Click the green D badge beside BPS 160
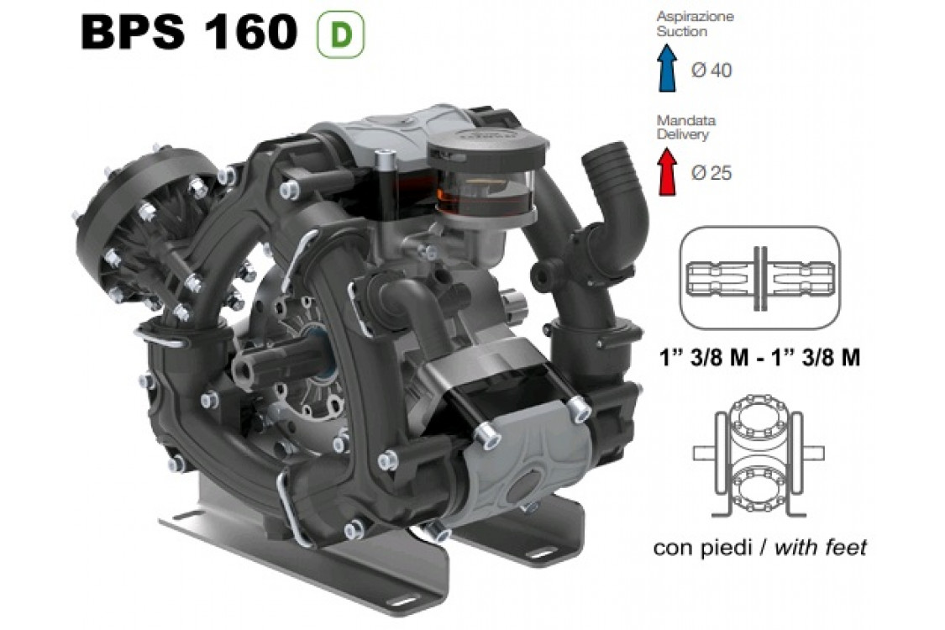pyautogui.click(x=339, y=34)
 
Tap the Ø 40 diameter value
pyautogui.click(x=711, y=71)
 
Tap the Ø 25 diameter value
pyautogui.click(x=711, y=174)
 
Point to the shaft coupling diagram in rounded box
pyautogui.click(x=759, y=277)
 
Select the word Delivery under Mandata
pyautogui.click(x=682, y=134)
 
